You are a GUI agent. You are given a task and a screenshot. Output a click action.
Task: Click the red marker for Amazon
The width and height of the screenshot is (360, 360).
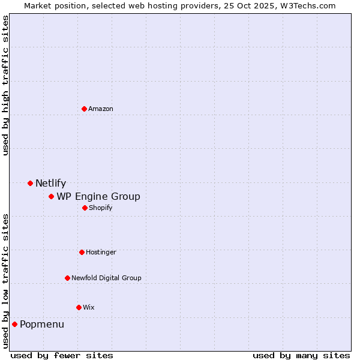tap(84, 109)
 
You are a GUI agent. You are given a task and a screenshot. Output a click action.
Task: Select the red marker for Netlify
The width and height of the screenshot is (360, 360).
tap(30, 183)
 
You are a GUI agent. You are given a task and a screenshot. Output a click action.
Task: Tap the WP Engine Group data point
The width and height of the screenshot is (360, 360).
tap(52, 196)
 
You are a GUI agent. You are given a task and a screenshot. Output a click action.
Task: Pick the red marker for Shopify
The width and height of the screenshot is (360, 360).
tap(85, 208)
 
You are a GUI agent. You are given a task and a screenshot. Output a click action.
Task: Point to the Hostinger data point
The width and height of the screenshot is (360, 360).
tap(82, 252)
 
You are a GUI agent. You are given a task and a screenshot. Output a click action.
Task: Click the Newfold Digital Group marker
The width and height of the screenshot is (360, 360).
tap(67, 278)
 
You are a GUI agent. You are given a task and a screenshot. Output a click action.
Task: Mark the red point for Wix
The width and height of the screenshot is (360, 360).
tap(79, 307)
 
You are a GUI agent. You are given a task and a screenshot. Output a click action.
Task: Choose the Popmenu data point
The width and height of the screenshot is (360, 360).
tap(14, 324)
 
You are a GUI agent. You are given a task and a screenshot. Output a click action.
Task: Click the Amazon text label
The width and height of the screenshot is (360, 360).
tap(101, 109)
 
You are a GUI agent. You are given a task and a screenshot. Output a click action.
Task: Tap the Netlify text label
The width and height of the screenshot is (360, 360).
tap(50, 184)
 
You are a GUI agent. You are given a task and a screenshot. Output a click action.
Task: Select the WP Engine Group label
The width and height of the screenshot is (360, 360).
tap(98, 196)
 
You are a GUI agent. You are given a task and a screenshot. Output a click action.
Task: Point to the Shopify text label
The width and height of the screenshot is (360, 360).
tap(101, 208)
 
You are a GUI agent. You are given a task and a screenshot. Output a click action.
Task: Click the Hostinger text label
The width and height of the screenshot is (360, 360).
tap(101, 252)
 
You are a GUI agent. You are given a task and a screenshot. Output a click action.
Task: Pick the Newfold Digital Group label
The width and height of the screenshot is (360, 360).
tap(106, 278)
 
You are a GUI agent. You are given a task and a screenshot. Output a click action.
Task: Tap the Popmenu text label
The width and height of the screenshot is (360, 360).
tap(42, 325)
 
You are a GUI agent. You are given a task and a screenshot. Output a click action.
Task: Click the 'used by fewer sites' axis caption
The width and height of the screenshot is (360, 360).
tap(62, 355)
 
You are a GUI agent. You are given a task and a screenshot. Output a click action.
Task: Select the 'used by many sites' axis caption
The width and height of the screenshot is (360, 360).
tap(301, 355)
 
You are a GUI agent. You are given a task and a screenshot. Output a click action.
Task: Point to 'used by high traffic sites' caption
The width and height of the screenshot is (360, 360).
tap(5, 85)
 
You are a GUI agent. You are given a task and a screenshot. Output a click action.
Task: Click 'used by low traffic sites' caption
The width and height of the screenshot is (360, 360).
tap(5, 281)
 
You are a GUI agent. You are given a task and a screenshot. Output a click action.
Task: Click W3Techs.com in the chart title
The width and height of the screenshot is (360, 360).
tap(305, 5)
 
